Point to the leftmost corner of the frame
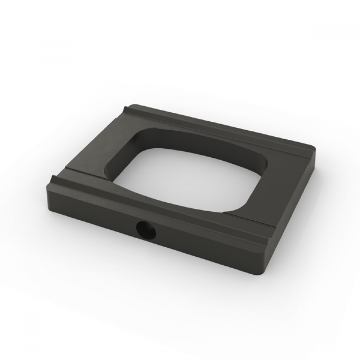(x=47, y=185)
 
